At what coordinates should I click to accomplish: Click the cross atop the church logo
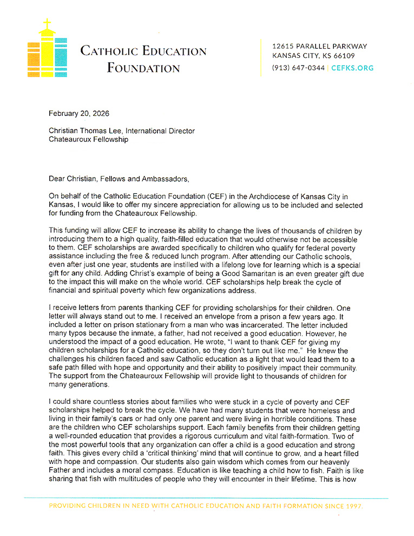48,25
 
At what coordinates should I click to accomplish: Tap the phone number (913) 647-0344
299,68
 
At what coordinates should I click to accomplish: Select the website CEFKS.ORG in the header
352,68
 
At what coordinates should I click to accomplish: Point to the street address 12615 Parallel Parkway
320,47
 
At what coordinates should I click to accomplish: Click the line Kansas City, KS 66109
313,56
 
